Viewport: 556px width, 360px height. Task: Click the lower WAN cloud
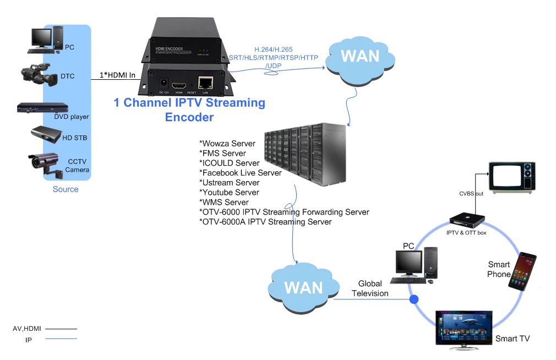[303, 287]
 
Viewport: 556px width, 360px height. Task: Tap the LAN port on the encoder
[205, 84]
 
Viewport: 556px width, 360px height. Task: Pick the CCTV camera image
[44, 163]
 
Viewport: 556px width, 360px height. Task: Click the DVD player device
[42, 108]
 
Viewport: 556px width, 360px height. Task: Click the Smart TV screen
[463, 329]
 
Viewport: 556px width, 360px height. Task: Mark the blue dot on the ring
[413, 299]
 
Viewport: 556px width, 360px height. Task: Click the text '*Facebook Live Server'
[240, 173]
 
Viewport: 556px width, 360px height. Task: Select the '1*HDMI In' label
[117, 75]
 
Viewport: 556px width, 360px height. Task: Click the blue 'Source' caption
[66, 189]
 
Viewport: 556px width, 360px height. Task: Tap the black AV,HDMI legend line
[61, 329]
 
